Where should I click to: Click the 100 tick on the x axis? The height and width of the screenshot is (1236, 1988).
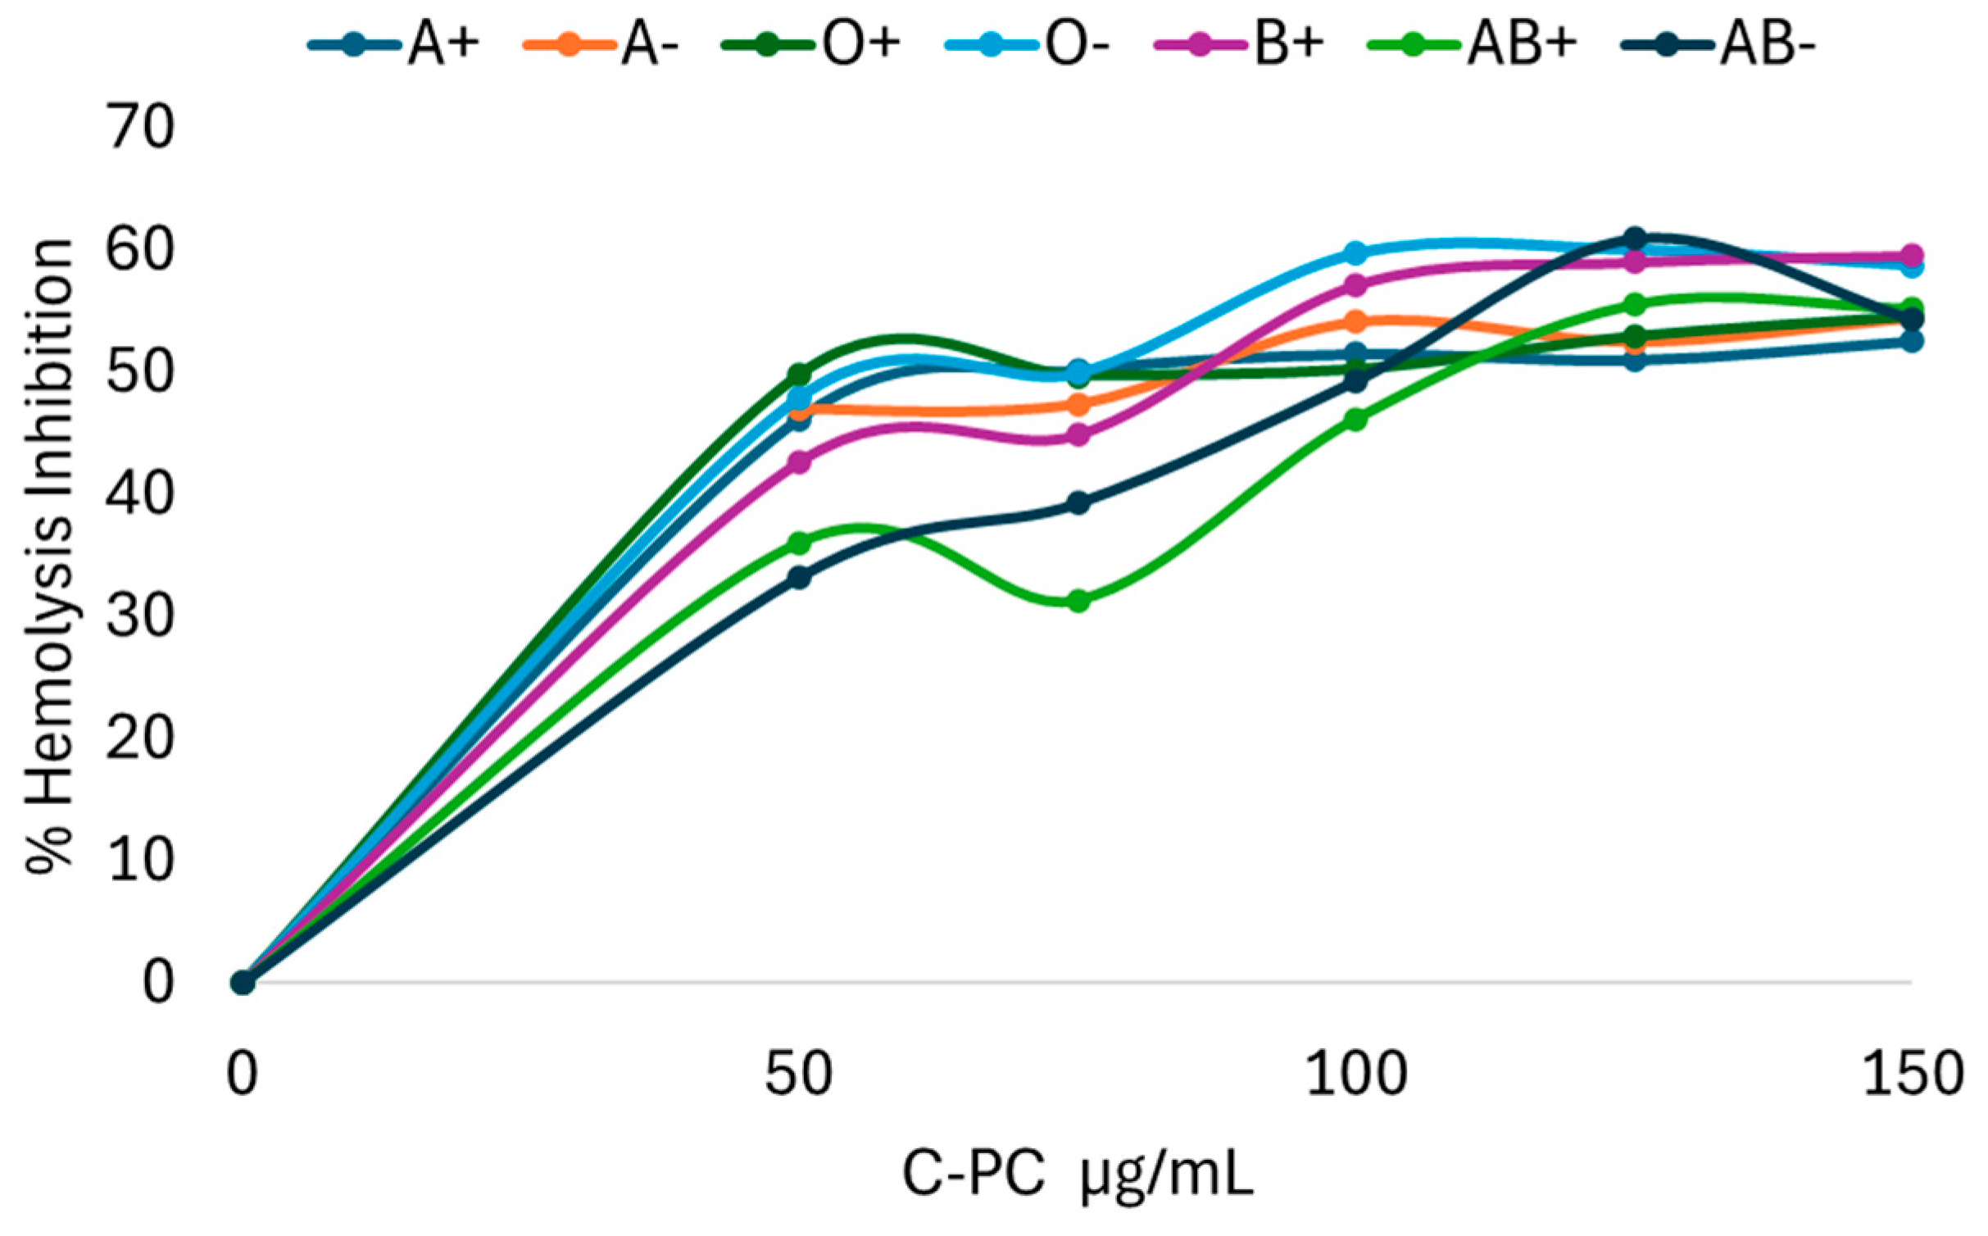pyautogui.click(x=1356, y=1074)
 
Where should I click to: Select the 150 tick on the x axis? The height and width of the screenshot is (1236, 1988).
pyautogui.click(x=1913, y=1074)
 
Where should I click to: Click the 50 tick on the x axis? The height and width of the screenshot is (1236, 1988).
pyautogui.click(x=799, y=1074)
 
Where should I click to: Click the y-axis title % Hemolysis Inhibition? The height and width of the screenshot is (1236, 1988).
pyautogui.click(x=49, y=557)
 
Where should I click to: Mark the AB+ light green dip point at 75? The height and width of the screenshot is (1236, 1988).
pyautogui.click(x=1079, y=602)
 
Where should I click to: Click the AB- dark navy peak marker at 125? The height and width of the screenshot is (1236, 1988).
pyautogui.click(x=1635, y=239)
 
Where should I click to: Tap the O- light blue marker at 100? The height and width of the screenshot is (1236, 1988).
pyautogui.click(x=1356, y=252)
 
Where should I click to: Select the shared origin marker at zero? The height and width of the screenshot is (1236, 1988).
pyautogui.click(x=243, y=982)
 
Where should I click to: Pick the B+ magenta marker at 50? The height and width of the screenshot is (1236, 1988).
pyautogui.click(x=800, y=462)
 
